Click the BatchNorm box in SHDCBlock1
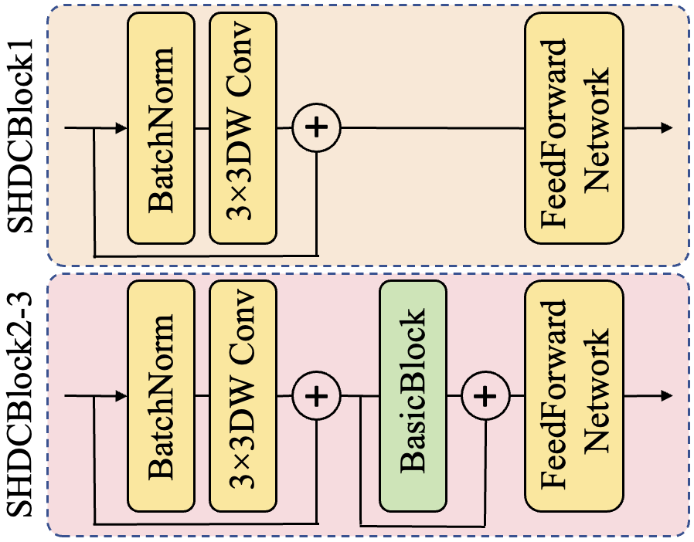click(x=161, y=127)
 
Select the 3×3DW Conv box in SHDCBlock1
click(x=243, y=127)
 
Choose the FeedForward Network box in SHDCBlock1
click(x=573, y=127)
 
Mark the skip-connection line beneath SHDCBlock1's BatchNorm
click(x=205, y=254)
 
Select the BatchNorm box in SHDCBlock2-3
click(x=161, y=396)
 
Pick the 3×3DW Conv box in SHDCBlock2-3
click(x=243, y=396)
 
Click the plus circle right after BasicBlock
click(x=485, y=396)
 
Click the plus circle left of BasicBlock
click(x=316, y=396)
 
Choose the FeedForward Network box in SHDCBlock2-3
click(x=573, y=396)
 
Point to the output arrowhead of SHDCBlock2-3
click(x=666, y=396)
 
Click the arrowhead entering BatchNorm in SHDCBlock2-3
click(x=122, y=396)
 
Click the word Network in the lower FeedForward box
click(x=596, y=396)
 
